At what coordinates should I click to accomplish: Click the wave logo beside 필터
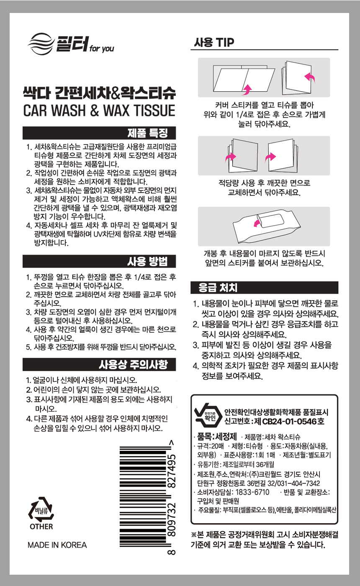(41, 44)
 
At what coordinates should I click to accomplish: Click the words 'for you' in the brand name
(101, 49)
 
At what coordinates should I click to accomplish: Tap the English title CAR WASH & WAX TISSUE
(99, 111)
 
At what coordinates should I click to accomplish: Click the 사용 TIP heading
(214, 42)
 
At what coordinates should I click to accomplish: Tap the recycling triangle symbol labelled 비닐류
(41, 509)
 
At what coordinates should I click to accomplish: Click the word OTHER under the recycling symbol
(41, 527)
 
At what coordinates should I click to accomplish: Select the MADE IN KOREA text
(57, 545)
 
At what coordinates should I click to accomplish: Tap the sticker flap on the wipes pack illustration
(270, 221)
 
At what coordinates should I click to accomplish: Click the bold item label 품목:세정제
(217, 436)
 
